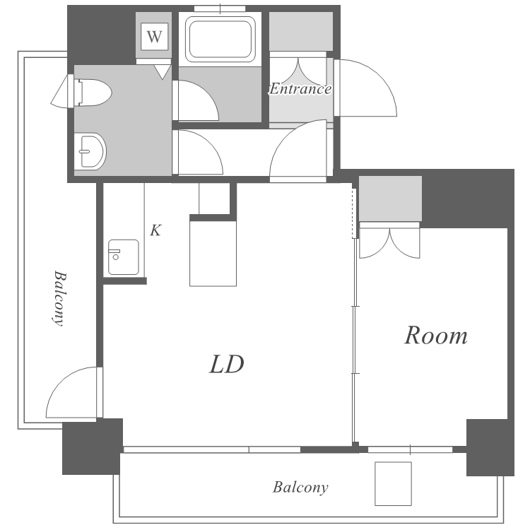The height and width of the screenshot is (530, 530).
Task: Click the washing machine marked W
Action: click(x=155, y=36)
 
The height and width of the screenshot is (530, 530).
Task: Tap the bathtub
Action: click(x=220, y=40)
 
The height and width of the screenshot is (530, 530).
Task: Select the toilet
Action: click(x=93, y=93)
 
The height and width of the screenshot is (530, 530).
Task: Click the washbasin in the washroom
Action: click(x=90, y=151)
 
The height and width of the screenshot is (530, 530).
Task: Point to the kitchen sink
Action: click(x=124, y=257)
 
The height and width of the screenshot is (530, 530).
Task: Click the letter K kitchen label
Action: click(x=155, y=230)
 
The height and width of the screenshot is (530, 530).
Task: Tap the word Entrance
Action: click(x=300, y=89)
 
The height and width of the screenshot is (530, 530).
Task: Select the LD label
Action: click(x=226, y=364)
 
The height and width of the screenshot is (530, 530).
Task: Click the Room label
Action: click(x=436, y=336)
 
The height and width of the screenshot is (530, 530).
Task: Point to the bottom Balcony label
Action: click(x=300, y=488)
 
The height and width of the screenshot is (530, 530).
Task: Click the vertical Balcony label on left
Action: click(x=59, y=298)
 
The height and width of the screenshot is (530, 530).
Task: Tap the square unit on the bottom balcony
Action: click(x=393, y=483)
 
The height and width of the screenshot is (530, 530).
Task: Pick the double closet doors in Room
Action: click(x=389, y=242)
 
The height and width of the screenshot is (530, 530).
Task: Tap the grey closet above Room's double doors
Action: click(x=390, y=199)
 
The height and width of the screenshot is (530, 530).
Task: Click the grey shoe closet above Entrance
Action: click(x=301, y=31)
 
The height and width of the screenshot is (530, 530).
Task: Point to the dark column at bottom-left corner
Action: click(x=93, y=447)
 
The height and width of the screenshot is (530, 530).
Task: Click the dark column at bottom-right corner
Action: click(x=490, y=447)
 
